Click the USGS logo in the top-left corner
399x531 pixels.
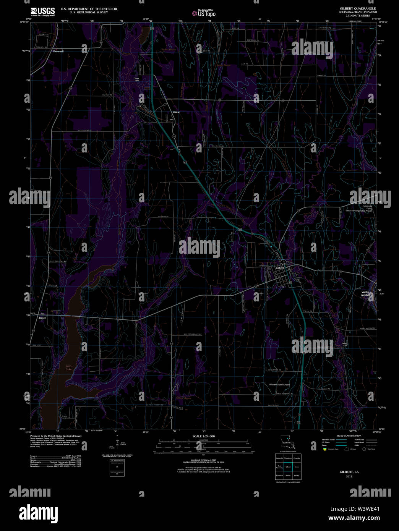click(43, 11)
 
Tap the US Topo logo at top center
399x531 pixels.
click(204, 13)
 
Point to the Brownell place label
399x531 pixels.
click(58, 51)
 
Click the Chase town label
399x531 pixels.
click(176, 112)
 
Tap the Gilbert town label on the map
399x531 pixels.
click(280, 268)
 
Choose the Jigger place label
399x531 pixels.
click(42, 318)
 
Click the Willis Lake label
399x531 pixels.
click(69, 368)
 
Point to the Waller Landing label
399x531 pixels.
click(366, 293)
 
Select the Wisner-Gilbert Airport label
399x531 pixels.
click(279, 385)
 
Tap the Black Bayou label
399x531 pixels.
click(184, 398)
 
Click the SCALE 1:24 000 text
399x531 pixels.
click(203, 436)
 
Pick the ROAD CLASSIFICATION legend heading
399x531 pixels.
click(349, 436)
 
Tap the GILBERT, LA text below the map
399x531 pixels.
click(349, 472)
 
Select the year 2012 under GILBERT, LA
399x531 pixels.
click(349, 476)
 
